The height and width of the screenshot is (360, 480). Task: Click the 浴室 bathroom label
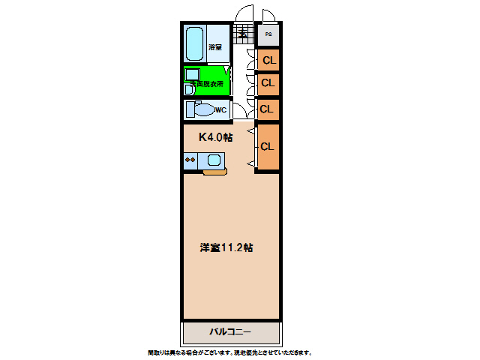(x=214, y=47)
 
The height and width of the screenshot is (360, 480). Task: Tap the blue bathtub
(x=195, y=45)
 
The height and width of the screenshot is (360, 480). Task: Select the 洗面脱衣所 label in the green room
(x=207, y=83)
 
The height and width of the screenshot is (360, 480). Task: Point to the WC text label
(x=221, y=110)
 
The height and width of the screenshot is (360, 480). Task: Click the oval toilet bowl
(x=202, y=110)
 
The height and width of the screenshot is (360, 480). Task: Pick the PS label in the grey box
(x=268, y=34)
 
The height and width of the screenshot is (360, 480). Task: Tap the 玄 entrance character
(x=243, y=32)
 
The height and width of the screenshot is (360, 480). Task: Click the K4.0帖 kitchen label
(x=215, y=137)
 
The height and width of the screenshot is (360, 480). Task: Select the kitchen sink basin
(x=214, y=160)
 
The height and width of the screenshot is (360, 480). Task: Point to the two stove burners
(x=190, y=160)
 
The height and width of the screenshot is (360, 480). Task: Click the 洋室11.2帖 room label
(x=226, y=247)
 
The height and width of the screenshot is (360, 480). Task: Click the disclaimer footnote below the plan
(x=229, y=352)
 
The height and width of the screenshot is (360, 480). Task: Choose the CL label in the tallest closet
(x=268, y=146)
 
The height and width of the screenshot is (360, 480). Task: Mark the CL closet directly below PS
(x=268, y=59)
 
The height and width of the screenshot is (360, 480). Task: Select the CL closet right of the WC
(x=266, y=109)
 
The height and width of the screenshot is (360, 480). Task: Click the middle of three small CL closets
(x=268, y=82)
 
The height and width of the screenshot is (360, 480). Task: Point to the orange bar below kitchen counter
(x=214, y=172)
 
